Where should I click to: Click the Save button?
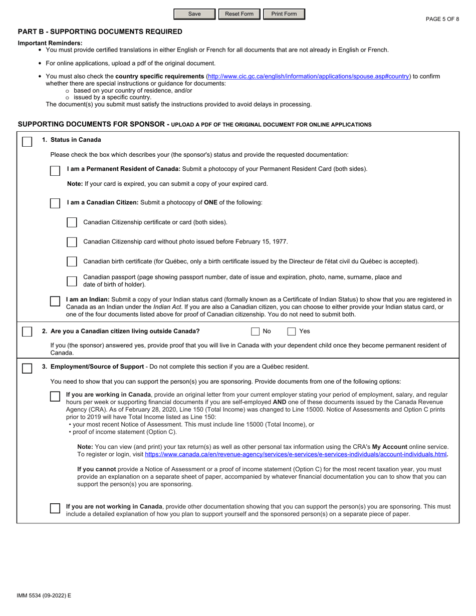coord(194,14)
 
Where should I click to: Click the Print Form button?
coord(284,14)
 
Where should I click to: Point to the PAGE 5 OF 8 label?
coord(442,19)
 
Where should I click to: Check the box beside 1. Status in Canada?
coord(28,142)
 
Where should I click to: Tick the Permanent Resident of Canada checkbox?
coord(55,171)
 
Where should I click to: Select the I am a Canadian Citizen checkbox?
coord(55,203)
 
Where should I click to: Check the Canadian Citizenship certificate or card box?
coord(72,222)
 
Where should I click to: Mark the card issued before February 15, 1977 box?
coord(72,242)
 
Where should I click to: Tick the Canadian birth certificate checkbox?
coord(72,261)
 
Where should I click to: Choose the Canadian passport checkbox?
coord(72,281)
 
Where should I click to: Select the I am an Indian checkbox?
coord(55,301)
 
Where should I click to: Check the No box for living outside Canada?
coord(256,332)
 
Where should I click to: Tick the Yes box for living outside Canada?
coord(292,332)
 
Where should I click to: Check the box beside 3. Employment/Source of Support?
coord(28,368)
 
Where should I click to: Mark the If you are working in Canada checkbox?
coord(55,396)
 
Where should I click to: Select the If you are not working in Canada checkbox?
coord(55,508)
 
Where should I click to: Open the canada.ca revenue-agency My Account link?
coord(296,454)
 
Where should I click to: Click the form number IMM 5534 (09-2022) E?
coord(44,595)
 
